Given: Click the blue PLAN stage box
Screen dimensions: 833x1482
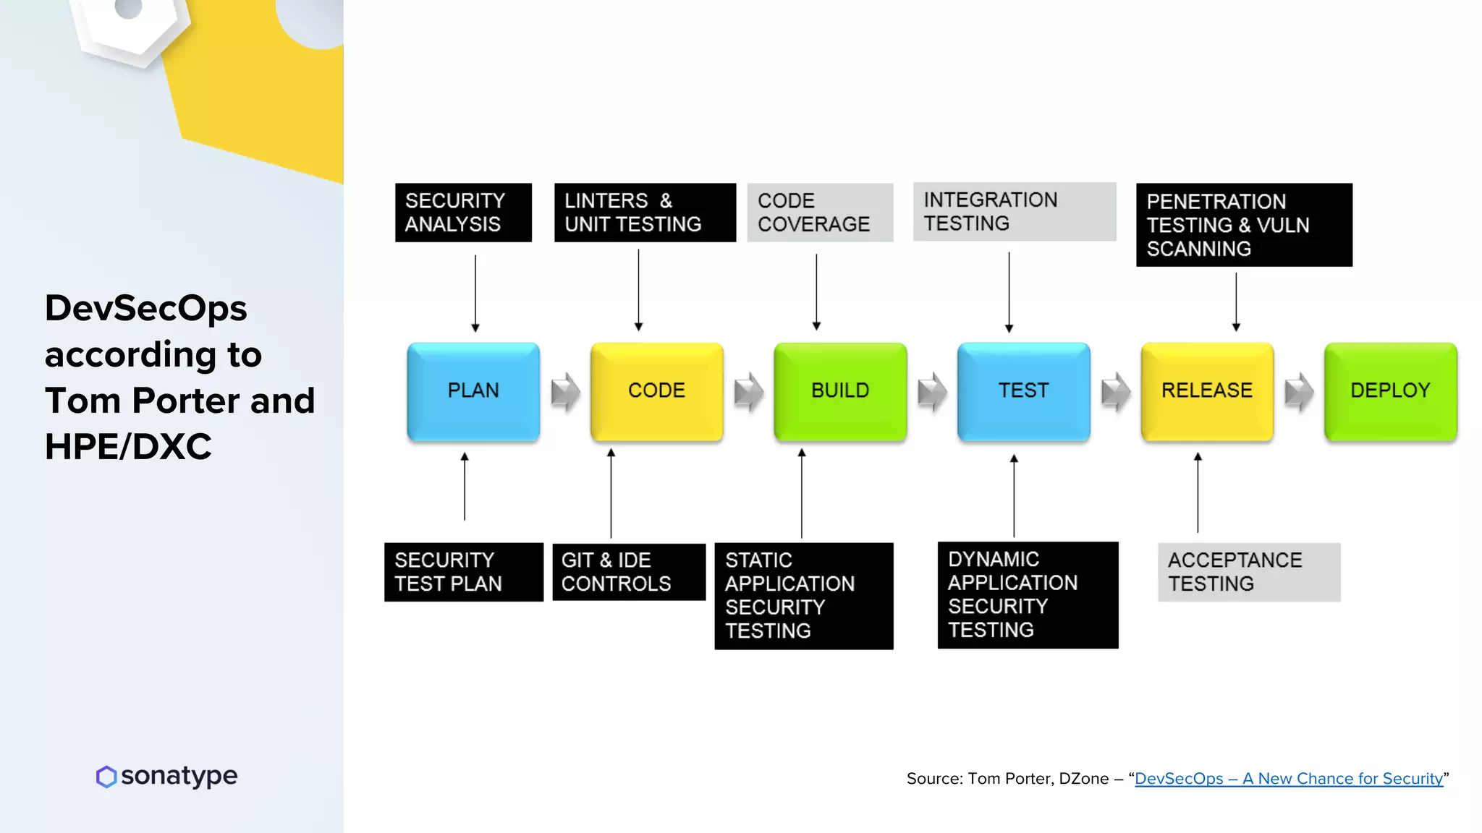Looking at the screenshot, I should point(473,391).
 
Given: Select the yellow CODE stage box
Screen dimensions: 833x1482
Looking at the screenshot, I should point(656,391).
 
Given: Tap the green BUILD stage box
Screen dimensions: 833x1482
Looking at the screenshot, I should point(840,391).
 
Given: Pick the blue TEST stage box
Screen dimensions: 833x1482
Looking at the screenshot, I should point(1023,391).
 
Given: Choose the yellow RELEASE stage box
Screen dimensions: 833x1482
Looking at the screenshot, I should point(1207,391).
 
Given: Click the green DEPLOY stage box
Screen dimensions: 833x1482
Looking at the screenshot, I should point(1390,391).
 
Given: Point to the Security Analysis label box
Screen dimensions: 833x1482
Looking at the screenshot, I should point(463,213).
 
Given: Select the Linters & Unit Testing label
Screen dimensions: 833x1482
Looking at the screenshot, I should point(645,213).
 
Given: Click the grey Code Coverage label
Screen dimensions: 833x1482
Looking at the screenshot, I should point(820,213).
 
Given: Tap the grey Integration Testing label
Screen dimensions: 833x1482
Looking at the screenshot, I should point(1015,212).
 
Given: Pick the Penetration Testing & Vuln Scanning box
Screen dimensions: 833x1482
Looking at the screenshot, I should point(1244,225).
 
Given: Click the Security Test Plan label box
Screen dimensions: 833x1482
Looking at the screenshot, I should point(464,572).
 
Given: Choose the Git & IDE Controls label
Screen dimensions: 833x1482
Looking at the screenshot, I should point(629,572).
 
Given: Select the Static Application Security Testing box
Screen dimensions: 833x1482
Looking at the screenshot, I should point(804,596).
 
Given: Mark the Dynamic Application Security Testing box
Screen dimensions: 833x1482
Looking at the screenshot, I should point(1028,594).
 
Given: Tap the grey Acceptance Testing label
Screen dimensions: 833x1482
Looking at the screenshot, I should point(1249,572).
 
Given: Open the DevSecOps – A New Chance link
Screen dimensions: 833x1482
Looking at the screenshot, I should point(1288,779).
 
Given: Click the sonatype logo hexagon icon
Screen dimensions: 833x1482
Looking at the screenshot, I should point(106,777).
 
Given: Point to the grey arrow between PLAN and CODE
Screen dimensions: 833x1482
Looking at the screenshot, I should point(565,392).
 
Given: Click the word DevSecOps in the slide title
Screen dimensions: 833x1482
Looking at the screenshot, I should point(146,309).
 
